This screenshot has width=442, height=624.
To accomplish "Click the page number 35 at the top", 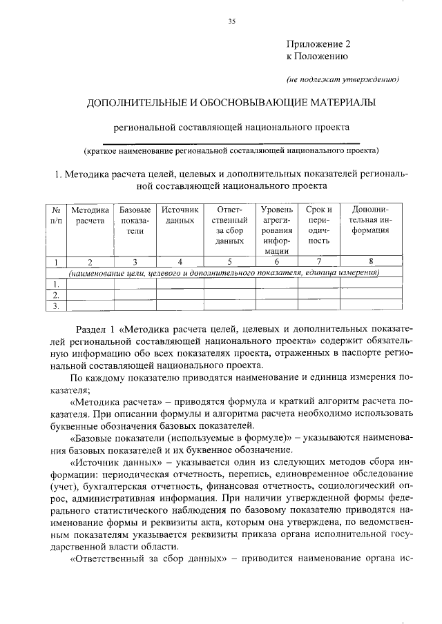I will (x=232, y=22).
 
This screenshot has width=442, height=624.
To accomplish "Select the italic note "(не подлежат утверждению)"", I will (x=343, y=79).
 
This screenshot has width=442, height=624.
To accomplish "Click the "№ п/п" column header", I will (x=56, y=214).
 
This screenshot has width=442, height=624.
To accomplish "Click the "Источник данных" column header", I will (x=180, y=214).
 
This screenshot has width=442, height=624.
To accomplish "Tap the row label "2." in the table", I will (x=56, y=295).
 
